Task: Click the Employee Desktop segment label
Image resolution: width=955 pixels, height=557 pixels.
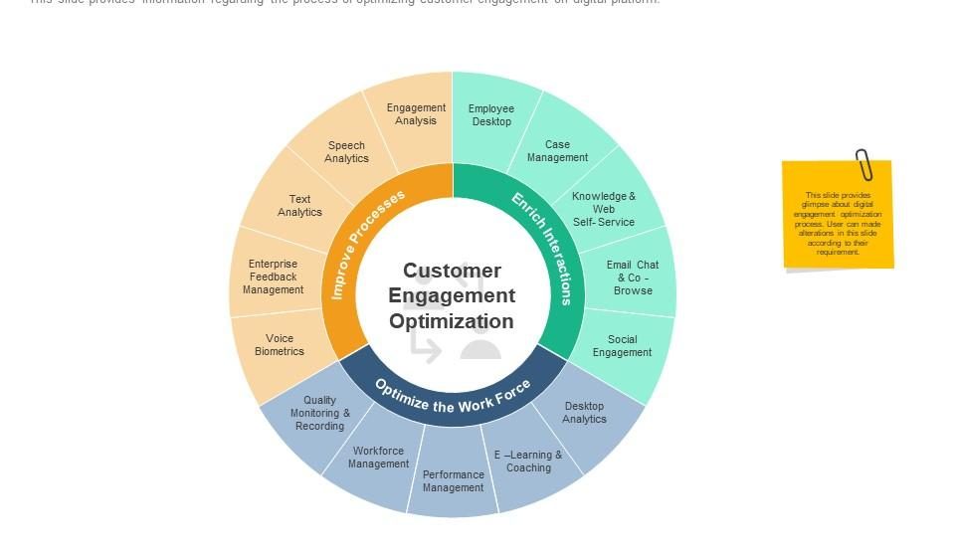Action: pyautogui.click(x=491, y=115)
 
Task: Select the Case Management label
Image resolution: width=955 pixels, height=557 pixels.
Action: pyautogui.click(x=557, y=151)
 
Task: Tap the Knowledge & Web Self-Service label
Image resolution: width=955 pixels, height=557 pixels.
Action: pyautogui.click(x=604, y=209)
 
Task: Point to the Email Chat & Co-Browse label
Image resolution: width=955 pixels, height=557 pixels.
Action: pyautogui.click(x=633, y=278)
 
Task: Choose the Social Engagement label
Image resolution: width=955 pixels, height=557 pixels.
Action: pyautogui.click(x=622, y=346)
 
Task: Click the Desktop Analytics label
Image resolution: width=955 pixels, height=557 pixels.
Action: pyautogui.click(x=584, y=412)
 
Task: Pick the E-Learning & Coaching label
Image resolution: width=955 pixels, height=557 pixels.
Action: pyautogui.click(x=528, y=462)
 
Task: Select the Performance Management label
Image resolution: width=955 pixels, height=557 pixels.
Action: pyautogui.click(x=453, y=481)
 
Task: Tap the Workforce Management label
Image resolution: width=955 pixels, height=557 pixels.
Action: pyautogui.click(x=378, y=458)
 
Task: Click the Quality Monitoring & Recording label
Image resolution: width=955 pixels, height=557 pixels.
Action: pyautogui.click(x=320, y=413)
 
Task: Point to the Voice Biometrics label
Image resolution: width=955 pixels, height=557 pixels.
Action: pyautogui.click(x=280, y=345)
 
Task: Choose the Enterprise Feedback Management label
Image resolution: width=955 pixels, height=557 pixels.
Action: pyautogui.click(x=273, y=277)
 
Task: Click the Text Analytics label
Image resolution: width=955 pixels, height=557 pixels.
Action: pyautogui.click(x=299, y=206)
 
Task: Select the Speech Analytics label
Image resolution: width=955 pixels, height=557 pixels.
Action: pyautogui.click(x=346, y=152)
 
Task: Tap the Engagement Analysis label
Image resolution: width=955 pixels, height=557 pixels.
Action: pyautogui.click(x=416, y=114)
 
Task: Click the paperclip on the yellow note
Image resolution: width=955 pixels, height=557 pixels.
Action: pyautogui.click(x=862, y=165)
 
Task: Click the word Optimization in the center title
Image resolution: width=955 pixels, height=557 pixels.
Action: pyautogui.click(x=452, y=321)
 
